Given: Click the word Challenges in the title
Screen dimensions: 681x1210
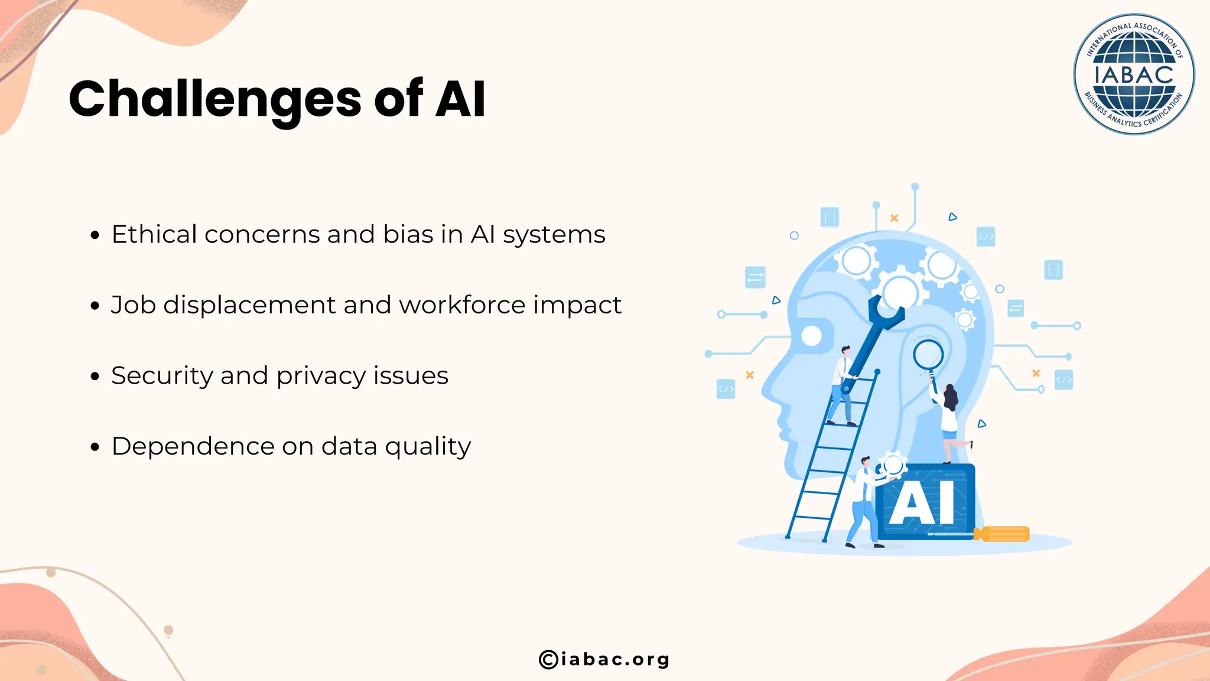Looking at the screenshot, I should pyautogui.click(x=214, y=99).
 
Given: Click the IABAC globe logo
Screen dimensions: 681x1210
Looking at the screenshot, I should pyautogui.click(x=1134, y=74).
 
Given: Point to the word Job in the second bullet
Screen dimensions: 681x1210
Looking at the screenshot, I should pyautogui.click(x=133, y=306).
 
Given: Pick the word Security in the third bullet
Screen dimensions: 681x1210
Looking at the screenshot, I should pyautogui.click(x=162, y=376).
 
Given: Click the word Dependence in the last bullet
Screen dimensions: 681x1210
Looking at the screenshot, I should pyautogui.click(x=193, y=446).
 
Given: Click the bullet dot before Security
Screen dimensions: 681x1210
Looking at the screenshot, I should pyautogui.click(x=95, y=377).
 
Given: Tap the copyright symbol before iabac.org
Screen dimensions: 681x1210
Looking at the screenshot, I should pyautogui.click(x=548, y=659).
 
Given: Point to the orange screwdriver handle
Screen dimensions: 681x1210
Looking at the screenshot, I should pyautogui.click(x=1005, y=534).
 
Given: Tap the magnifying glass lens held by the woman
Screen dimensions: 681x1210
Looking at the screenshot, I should pyautogui.click(x=928, y=355).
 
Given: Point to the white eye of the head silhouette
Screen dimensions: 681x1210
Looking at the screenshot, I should pyautogui.click(x=811, y=336).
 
